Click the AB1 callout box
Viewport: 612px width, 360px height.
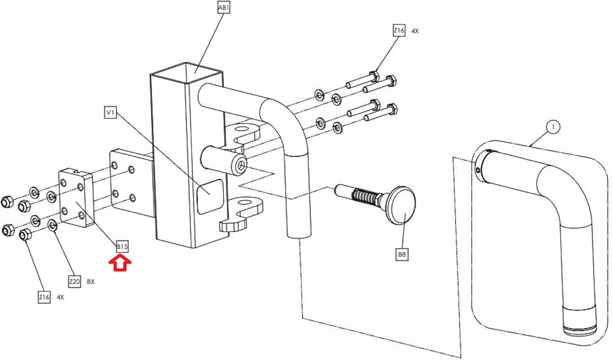[224, 8]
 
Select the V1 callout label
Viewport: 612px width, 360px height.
[111, 113]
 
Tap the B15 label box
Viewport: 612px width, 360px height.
[122, 247]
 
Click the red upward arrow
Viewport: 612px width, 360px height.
[120, 263]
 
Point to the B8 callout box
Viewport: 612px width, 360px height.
[402, 254]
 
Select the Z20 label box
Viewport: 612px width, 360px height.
[74, 281]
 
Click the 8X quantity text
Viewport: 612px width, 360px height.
[91, 282]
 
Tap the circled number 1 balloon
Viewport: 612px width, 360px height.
[553, 127]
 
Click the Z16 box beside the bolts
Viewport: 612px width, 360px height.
[399, 30]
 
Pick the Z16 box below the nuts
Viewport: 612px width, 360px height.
[44, 297]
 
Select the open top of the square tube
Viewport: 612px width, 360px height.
[186, 72]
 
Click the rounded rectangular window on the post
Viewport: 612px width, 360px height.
[210, 197]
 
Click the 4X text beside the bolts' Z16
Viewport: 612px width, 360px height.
[415, 31]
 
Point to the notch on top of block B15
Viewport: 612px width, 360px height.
[77, 172]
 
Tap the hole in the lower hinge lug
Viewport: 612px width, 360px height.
[245, 202]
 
